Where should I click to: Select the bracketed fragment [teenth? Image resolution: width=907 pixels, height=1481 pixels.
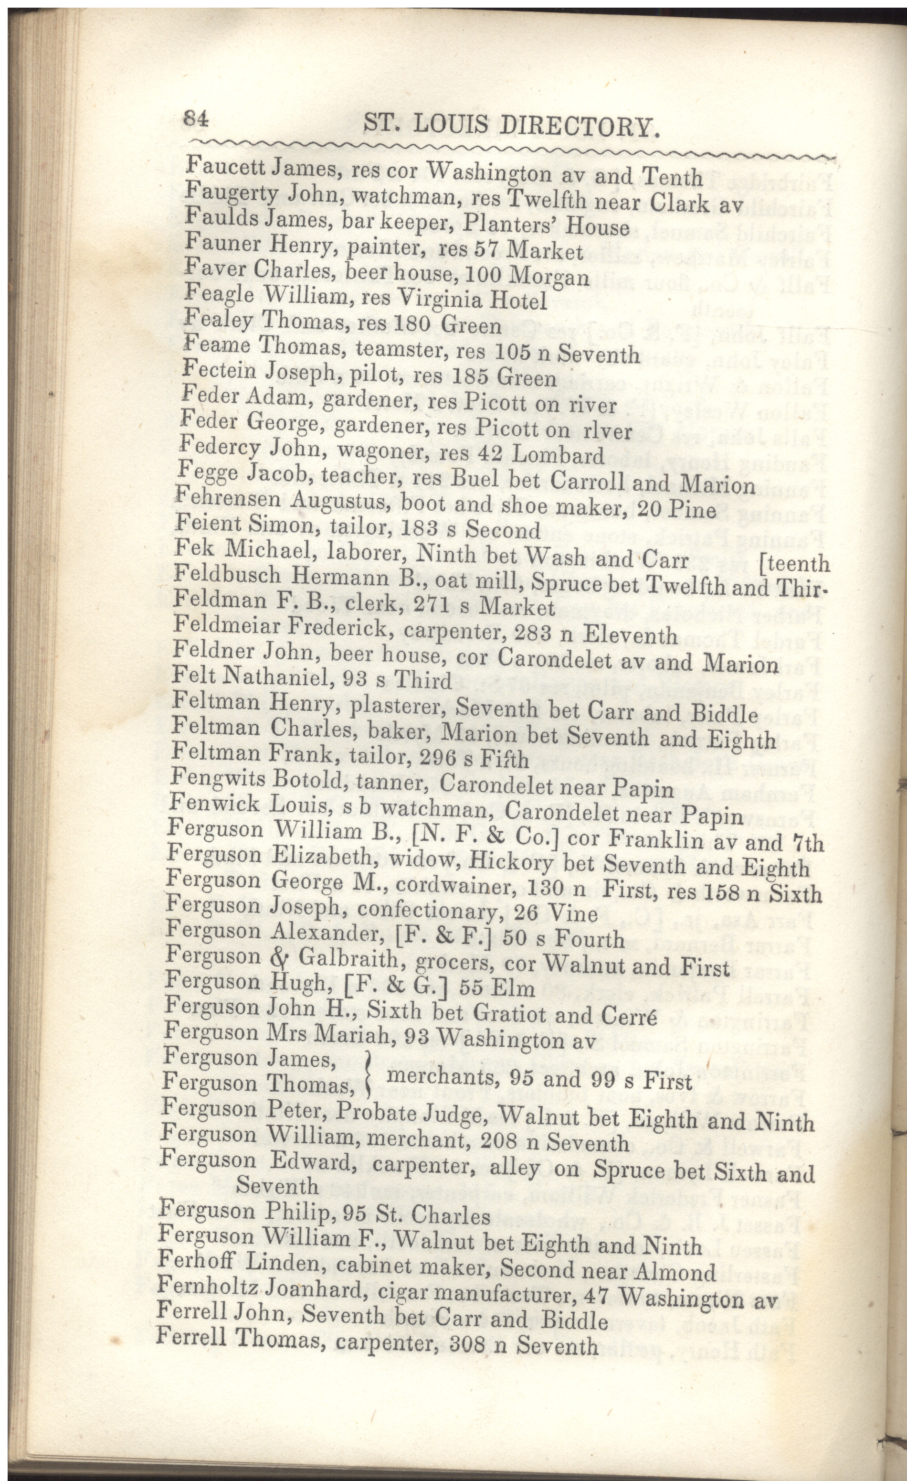pos(794,564)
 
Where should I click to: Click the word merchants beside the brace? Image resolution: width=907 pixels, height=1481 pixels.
pos(442,1076)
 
